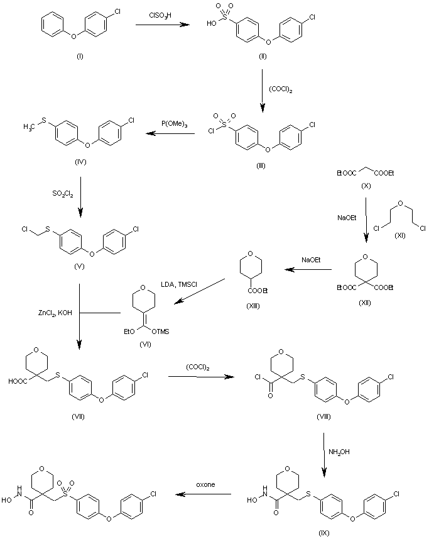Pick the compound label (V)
click(x=79, y=265)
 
